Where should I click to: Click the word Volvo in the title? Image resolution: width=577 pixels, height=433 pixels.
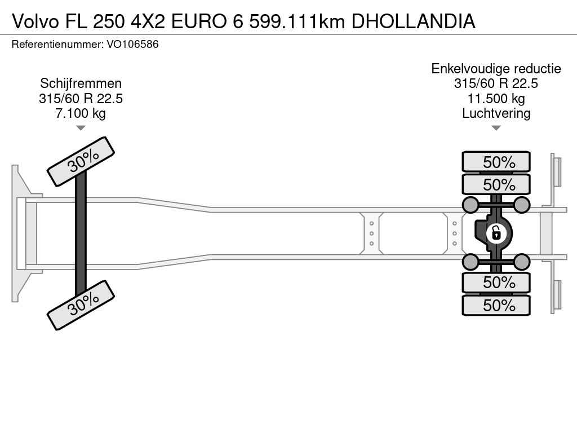[35, 21]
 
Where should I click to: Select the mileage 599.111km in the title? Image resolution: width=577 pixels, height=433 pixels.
[297, 21]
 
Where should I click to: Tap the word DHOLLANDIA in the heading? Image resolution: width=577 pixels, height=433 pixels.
[413, 21]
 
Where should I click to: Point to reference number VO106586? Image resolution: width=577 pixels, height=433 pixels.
[132, 44]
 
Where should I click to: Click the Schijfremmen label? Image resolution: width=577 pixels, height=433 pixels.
[81, 83]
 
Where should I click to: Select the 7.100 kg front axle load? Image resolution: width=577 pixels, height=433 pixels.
[81, 113]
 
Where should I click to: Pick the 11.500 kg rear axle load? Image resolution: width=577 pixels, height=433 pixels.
[496, 98]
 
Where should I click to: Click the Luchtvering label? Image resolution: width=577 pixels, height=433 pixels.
[496, 113]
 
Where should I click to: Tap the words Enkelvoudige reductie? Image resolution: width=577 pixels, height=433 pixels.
[496, 68]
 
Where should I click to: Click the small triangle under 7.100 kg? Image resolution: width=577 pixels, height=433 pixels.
[81, 128]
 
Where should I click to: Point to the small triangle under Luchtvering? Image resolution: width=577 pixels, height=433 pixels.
[496, 128]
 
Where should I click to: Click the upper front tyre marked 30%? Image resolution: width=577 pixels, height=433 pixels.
[81, 162]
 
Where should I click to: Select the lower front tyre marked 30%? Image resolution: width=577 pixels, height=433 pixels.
[81, 305]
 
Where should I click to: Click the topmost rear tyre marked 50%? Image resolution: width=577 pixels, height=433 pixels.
[496, 162]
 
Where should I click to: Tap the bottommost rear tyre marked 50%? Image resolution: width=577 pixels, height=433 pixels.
[496, 305]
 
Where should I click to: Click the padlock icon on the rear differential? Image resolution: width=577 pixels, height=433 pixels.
[496, 233]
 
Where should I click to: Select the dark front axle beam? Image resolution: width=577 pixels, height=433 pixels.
[81, 233]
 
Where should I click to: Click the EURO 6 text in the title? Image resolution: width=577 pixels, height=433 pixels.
[207, 21]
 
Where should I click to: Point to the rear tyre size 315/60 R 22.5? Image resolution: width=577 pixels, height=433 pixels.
[496, 83]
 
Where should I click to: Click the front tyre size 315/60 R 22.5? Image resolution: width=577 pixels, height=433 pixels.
[81, 98]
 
